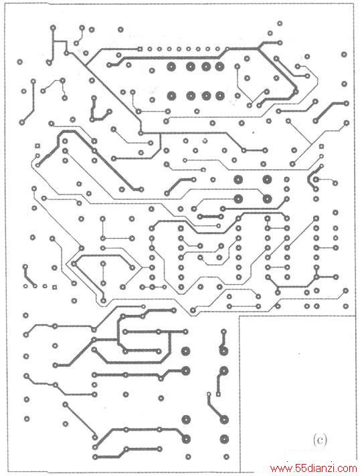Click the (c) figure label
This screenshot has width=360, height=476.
point(320,439)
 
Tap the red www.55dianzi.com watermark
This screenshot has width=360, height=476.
point(314,469)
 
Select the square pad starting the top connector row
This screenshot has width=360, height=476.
point(140,49)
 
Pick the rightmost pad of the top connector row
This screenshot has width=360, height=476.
point(227,49)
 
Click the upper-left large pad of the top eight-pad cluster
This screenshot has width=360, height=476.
point(171,66)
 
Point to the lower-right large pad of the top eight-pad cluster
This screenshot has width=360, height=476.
point(219,96)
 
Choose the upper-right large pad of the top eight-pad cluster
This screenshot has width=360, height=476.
point(219,66)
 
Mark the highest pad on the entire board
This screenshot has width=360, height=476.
point(280,23)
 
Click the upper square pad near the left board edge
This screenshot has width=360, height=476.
point(37,146)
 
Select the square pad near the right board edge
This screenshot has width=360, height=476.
point(321,146)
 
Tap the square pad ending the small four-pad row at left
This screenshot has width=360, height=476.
point(55,286)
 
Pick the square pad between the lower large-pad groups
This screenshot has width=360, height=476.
point(218,394)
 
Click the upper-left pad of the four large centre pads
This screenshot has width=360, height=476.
point(238,179)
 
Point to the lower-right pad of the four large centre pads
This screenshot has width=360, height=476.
point(267,199)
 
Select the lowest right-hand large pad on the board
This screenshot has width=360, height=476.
point(224,439)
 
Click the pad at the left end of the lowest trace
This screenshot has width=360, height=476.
point(96,457)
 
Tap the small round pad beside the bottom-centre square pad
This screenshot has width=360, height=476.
point(209,394)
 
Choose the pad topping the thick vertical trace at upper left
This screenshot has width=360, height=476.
point(53,28)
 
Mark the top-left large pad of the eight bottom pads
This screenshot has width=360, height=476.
point(185,351)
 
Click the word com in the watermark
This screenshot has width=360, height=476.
point(349,469)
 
